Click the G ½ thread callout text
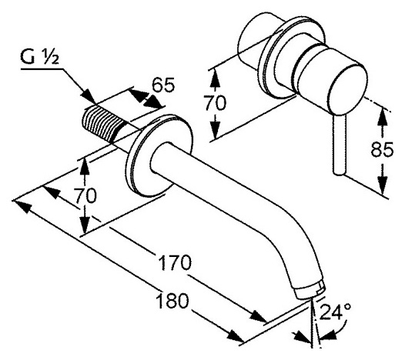click(40, 57)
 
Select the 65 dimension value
click(163, 85)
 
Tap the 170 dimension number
click(175, 263)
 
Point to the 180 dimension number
click(172, 301)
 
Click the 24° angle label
click(336, 312)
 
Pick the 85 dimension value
click(382, 149)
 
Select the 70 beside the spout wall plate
click(85, 195)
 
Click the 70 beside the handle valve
click(215, 103)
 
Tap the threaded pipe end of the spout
click(103, 122)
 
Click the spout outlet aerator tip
click(310, 291)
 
